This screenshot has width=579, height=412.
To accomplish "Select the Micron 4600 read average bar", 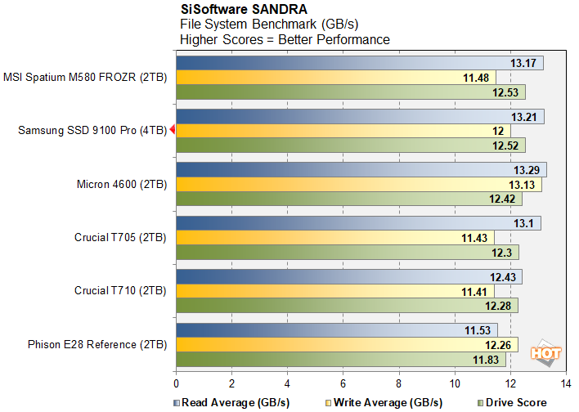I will (x=360, y=170).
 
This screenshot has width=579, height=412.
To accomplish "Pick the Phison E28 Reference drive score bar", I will (x=340, y=360).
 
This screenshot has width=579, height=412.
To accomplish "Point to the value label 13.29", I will (x=527, y=170).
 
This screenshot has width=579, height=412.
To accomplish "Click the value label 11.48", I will (x=475, y=78).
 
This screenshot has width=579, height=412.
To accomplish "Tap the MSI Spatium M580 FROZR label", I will (x=85, y=78).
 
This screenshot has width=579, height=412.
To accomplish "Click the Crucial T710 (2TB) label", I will (x=120, y=290).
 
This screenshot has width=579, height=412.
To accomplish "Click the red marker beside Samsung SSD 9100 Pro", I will (x=172, y=131).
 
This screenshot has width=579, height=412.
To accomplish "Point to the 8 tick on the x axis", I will (x=398, y=383).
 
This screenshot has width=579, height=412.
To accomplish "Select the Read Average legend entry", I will (x=227, y=402).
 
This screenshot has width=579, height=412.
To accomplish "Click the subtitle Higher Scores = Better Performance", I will (x=285, y=39).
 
